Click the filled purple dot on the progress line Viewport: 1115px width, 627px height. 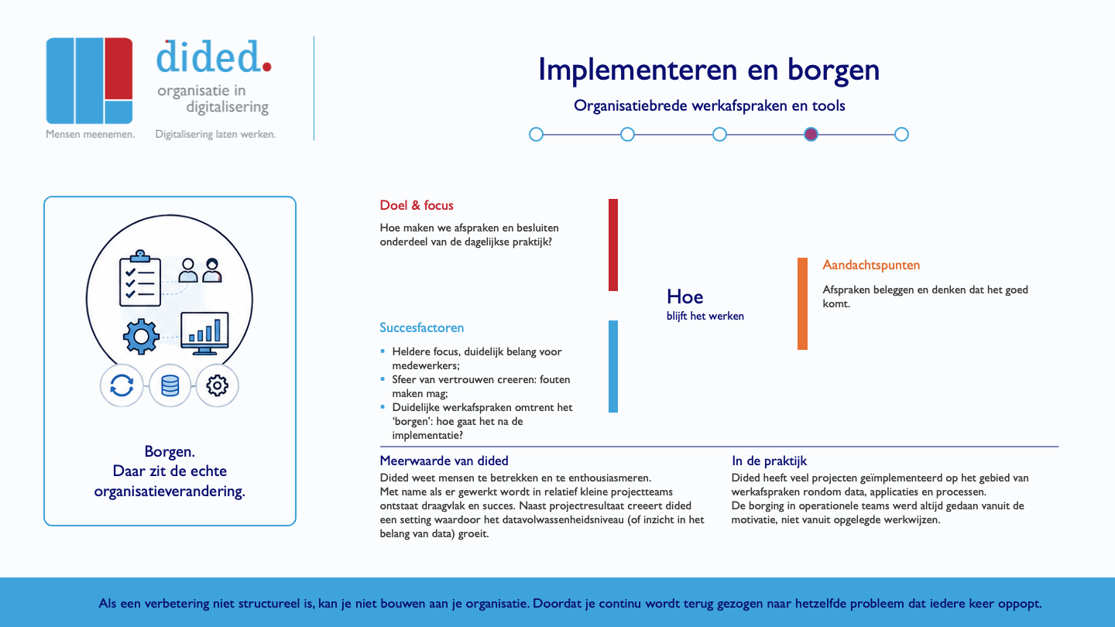(811, 135)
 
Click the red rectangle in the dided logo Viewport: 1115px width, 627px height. (118, 68)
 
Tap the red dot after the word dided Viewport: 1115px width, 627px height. (266, 67)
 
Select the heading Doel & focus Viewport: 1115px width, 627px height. (416, 205)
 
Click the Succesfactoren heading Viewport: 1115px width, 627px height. (421, 327)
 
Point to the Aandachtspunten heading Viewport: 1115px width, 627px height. (871, 265)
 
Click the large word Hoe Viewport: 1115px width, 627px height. (685, 296)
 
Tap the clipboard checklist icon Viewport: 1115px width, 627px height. (140, 279)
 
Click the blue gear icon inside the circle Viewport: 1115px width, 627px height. (142, 337)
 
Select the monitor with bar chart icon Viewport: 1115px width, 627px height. (204, 334)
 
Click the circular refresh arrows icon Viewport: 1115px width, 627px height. (122, 385)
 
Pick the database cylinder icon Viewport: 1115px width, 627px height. (170, 385)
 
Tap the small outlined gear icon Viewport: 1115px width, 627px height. (217, 385)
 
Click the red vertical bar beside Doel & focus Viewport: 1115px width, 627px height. (613, 245)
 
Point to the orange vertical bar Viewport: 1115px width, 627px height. (802, 303)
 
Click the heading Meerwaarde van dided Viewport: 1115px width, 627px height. (444, 461)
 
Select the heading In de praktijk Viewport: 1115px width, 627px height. (769, 461)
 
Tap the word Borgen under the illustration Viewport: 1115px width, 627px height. (170, 451)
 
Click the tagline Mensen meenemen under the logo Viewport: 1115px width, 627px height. (90, 134)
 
